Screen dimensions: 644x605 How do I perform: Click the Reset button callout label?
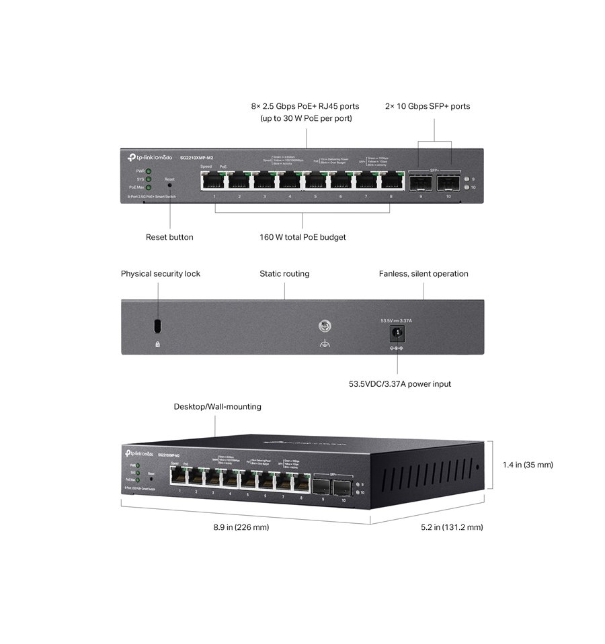(x=169, y=237)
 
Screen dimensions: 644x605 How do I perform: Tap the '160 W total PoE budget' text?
(x=302, y=237)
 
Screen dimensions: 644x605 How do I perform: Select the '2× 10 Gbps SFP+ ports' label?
(x=428, y=106)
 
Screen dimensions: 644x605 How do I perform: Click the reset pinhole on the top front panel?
(x=169, y=185)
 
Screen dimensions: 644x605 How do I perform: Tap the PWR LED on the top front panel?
(x=149, y=171)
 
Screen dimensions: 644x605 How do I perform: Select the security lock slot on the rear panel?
(x=157, y=326)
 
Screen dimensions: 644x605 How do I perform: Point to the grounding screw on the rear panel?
(x=323, y=326)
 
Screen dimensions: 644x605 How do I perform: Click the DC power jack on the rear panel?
(x=397, y=332)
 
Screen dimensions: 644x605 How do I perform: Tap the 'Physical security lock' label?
(x=161, y=274)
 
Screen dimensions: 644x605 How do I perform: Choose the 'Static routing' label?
(x=284, y=274)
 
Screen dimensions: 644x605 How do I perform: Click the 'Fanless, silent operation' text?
(x=424, y=274)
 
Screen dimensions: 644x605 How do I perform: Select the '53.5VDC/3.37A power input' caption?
(x=399, y=384)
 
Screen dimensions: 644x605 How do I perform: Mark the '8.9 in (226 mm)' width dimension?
(x=241, y=527)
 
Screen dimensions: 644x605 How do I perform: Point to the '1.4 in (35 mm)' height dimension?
(x=528, y=465)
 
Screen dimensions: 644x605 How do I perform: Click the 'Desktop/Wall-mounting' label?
(x=217, y=407)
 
